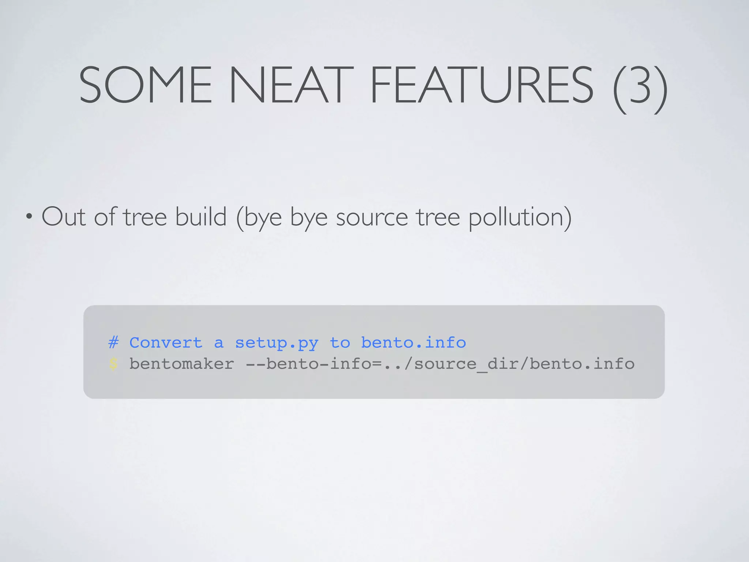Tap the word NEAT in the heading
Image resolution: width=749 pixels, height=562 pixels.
point(290,85)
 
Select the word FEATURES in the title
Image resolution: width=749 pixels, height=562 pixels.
point(481,85)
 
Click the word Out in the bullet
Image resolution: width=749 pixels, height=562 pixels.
point(63,217)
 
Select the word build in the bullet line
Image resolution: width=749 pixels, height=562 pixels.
point(201,217)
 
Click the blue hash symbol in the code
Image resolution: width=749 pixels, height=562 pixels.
point(113,343)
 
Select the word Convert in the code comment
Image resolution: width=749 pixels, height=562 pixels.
point(166,343)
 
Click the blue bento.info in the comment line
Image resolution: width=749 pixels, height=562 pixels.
point(413,343)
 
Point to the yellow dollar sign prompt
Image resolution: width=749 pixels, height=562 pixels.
point(113,364)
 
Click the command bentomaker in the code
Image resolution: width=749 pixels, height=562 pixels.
point(181,364)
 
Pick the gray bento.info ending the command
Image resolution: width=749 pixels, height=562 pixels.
point(582,364)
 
